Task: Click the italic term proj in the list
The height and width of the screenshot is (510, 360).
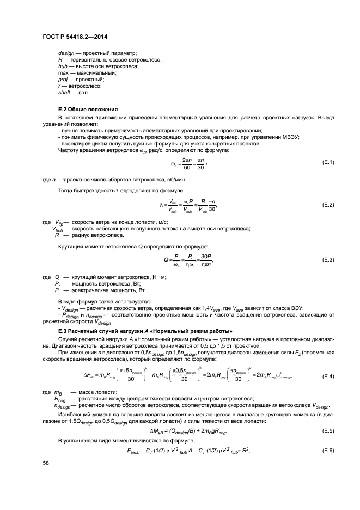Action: pyautogui.click(x=63, y=79)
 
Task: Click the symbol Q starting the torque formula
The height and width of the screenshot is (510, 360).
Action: pyautogui.click(x=167, y=259)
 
